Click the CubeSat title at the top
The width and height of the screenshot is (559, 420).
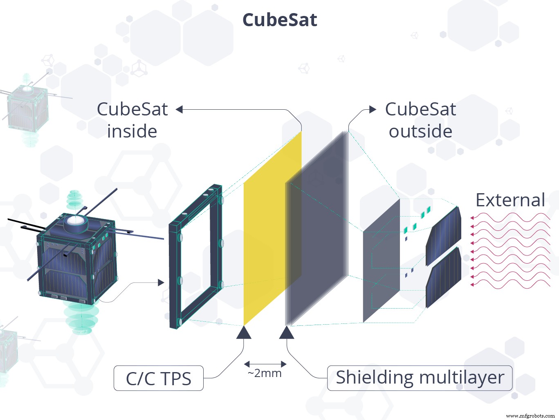pos(280,20)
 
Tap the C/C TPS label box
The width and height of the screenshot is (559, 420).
pos(159,378)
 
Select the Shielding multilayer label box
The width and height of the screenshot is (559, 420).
pos(420,378)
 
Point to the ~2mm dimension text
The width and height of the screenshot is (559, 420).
pos(265,373)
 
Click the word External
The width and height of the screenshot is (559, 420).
pos(510,200)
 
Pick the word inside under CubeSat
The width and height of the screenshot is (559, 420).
pos(132,131)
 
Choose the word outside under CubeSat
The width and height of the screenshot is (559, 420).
pos(420,131)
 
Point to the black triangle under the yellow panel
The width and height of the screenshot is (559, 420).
pos(244,333)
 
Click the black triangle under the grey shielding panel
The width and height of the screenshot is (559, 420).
pos(287,333)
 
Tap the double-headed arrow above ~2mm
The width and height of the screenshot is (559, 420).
pos(265,364)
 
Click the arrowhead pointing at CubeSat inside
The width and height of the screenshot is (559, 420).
pos(179,109)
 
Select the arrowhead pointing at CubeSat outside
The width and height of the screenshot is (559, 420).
pos(373,109)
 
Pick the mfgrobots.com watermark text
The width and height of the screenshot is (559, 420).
pos(530,415)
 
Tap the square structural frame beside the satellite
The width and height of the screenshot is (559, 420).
pos(195,256)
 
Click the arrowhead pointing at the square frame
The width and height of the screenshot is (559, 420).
pos(161,282)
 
